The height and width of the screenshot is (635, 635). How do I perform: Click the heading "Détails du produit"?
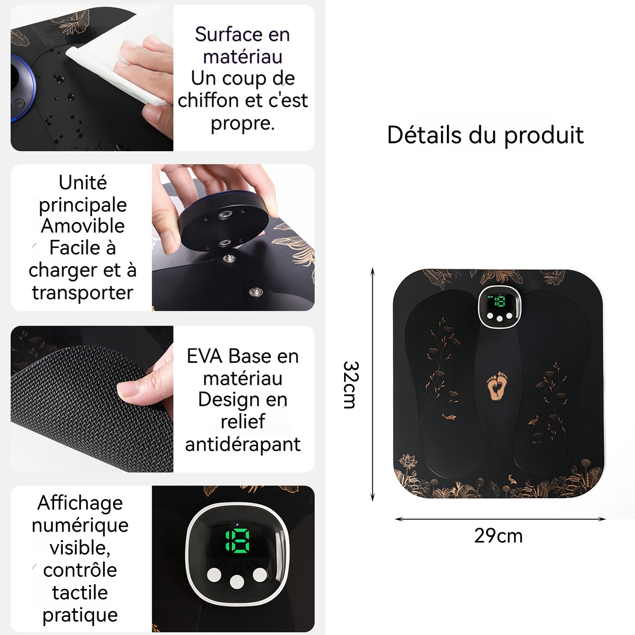point(485,135)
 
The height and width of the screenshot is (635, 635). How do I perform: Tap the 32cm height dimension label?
point(351,385)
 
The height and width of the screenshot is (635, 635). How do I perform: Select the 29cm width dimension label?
point(498,536)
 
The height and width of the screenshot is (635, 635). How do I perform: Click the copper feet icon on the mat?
point(497,385)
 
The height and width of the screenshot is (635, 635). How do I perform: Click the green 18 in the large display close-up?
point(237,541)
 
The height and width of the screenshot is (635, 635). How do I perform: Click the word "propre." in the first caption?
point(242,124)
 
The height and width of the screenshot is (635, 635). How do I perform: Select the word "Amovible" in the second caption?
point(83,226)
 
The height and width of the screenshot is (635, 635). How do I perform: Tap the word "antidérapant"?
point(242,444)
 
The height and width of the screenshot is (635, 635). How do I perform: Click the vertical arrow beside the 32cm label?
point(372,385)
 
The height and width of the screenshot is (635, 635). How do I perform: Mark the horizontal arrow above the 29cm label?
point(500,519)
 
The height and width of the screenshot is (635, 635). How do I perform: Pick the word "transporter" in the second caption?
point(83,292)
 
